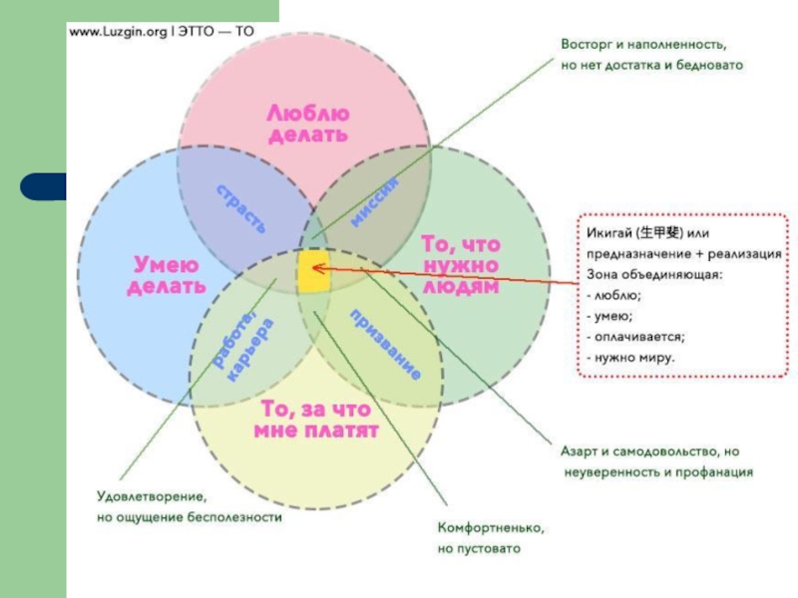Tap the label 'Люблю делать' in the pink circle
pos(307,124)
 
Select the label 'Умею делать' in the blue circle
pos(166,274)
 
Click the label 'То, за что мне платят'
pos(315,420)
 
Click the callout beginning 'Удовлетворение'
pos(188,506)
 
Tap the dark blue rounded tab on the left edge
pos(45,186)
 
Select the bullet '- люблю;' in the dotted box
pos(613,296)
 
